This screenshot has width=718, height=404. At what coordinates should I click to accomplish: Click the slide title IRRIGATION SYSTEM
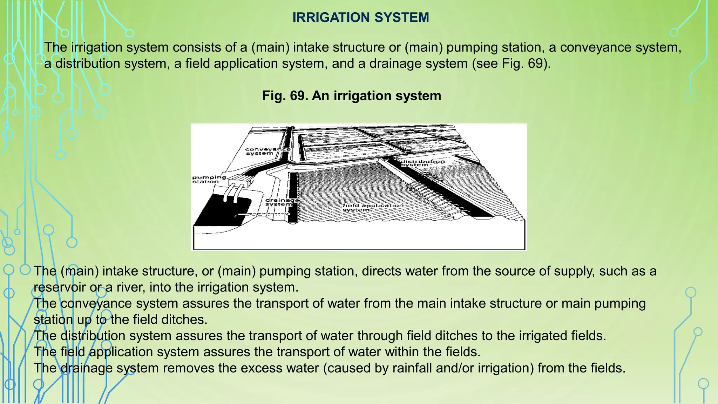(360, 18)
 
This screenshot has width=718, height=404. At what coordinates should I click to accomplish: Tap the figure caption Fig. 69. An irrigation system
(352, 96)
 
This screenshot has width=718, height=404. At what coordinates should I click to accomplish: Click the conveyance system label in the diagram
(267, 151)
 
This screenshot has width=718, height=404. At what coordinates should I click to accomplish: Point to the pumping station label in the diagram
(209, 179)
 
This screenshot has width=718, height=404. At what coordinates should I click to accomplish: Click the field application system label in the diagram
(373, 208)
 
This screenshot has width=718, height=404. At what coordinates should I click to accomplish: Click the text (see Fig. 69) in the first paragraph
(511, 63)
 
